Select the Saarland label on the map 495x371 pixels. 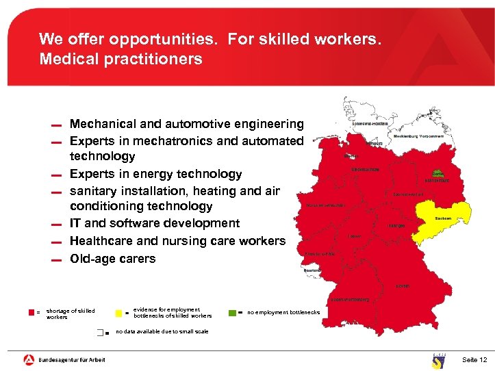[x=313, y=270]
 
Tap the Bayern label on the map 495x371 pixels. [x=403, y=285]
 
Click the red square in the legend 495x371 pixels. [x=31, y=312]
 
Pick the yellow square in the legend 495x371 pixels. [x=118, y=313]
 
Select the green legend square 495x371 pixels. [x=232, y=313]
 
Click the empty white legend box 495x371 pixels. [x=101, y=332]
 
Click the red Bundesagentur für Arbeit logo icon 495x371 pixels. [x=29, y=359]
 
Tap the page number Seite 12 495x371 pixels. [x=474, y=360]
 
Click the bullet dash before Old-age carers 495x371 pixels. [x=56, y=260]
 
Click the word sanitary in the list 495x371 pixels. [x=95, y=191]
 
